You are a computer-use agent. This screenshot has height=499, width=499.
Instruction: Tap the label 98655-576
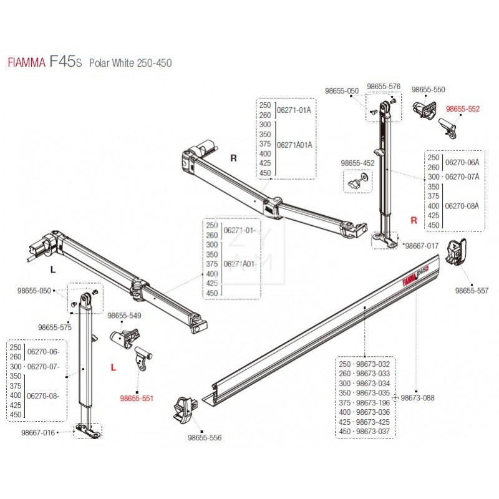pos(384,87)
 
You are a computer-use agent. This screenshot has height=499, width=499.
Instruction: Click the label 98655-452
pos(357,163)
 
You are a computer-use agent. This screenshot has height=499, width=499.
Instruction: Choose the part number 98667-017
pos(422,246)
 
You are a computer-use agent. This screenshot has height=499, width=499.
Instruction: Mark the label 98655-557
pos(472,291)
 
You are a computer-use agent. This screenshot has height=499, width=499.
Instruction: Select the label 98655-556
pos(204,438)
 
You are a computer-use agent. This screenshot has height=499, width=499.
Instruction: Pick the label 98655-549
pos(125,316)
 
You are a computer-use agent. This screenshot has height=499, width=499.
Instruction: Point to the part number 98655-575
pos(55,326)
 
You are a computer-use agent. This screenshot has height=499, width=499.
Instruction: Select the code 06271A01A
pos(294,144)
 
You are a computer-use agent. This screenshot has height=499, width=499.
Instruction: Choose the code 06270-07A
pos(462,177)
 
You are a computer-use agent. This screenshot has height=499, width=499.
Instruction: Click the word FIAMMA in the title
pos(26,63)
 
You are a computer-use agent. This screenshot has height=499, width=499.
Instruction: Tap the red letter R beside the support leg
pos(413,220)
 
